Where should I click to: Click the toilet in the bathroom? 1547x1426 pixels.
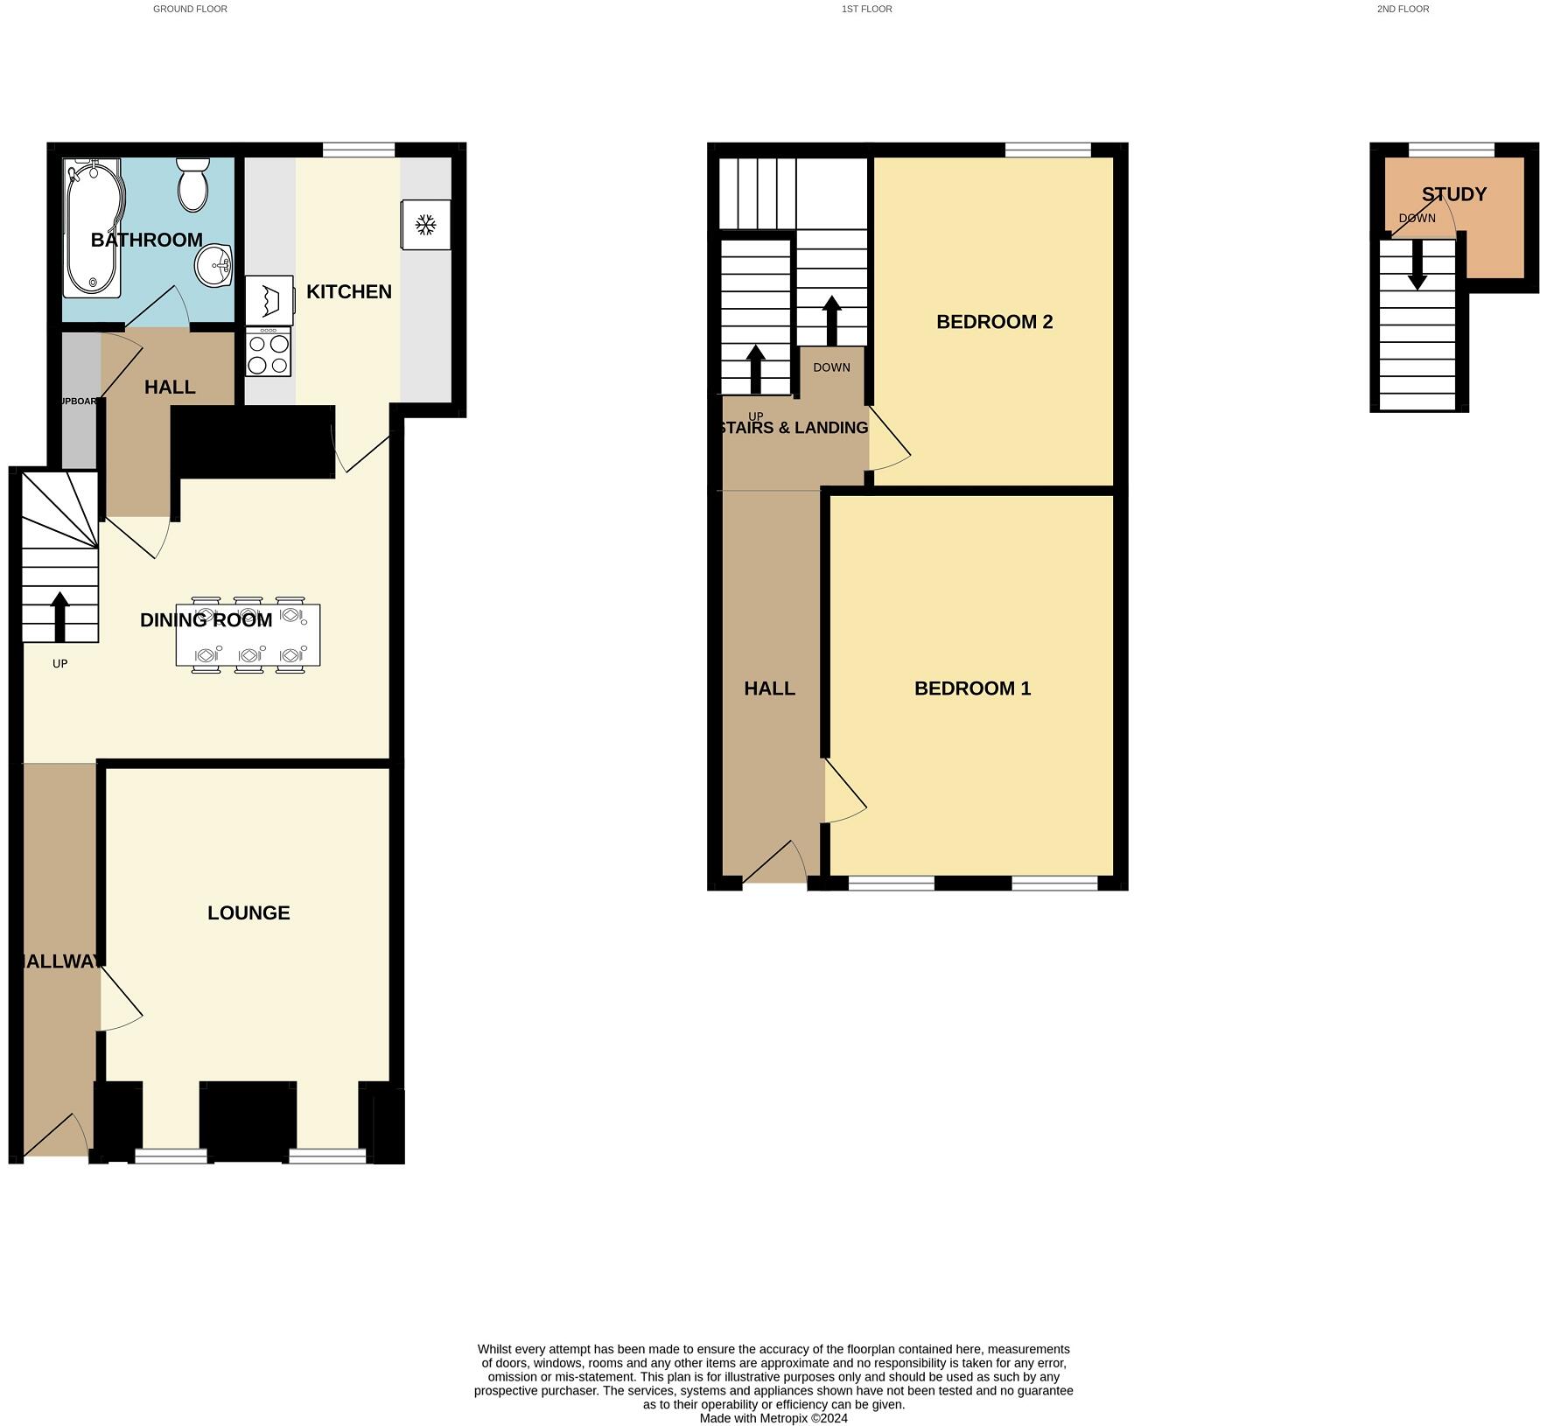[192, 185]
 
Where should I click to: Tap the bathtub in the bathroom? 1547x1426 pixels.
[93, 227]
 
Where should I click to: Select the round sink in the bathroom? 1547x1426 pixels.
[213, 264]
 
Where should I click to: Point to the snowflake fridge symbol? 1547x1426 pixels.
[425, 226]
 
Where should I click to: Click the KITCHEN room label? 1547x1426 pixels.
[349, 292]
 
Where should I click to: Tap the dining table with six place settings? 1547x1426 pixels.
[248, 636]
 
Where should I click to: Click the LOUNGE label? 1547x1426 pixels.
[248, 913]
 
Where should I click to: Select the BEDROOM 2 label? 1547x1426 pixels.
[994, 322]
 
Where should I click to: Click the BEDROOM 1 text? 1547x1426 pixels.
[972, 689]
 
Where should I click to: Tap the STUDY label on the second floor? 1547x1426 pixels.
[1453, 194]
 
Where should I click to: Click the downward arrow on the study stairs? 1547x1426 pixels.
[1417, 266]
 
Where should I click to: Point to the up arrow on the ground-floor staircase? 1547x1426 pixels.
[59, 616]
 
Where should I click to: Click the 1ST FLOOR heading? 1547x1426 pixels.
[866, 9]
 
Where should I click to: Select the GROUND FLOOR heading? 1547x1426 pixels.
[190, 9]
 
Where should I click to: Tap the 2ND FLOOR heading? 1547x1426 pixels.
[1403, 9]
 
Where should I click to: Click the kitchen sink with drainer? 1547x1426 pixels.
[269, 300]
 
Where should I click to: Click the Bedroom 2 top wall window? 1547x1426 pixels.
[1047, 150]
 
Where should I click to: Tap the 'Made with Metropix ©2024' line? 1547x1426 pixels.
[773, 1418]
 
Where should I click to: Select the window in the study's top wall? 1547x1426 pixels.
[1451, 150]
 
